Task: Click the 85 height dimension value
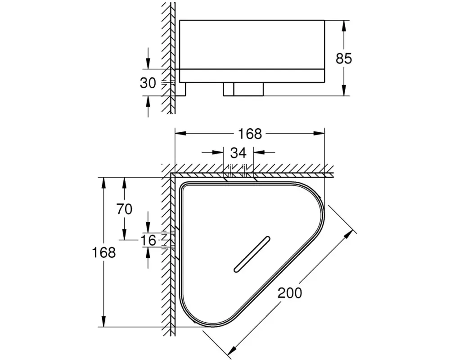click(344, 58)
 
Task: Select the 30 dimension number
click(148, 83)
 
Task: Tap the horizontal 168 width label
click(250, 134)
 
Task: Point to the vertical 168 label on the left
click(103, 252)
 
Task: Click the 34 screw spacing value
click(238, 153)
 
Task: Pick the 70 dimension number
click(124, 209)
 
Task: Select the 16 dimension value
click(148, 240)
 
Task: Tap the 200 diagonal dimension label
click(290, 293)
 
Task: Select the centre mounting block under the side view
click(243, 89)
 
